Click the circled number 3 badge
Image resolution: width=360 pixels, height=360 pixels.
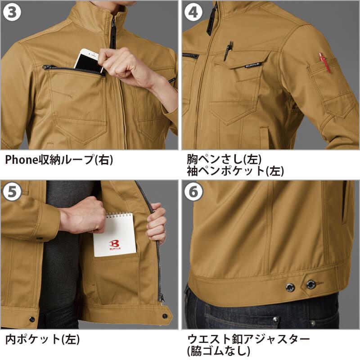point(12,12)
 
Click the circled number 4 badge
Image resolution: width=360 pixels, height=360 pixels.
point(193,12)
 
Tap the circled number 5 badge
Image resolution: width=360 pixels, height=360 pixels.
point(12,192)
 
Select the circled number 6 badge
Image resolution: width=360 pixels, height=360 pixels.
point(193,192)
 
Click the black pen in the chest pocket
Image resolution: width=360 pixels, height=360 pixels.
point(228,51)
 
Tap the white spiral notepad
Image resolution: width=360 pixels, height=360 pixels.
point(115,234)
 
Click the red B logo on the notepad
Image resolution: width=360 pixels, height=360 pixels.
point(114,243)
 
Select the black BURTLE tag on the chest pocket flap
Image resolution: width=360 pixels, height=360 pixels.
point(252,65)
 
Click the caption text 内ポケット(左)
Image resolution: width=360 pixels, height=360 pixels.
point(43,339)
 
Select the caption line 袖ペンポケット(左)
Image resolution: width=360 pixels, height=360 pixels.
point(235,171)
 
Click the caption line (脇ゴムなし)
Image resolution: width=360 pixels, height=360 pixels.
point(218,351)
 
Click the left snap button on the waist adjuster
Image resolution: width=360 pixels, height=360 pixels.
point(290,287)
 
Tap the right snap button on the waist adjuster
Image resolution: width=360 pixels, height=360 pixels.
point(311,285)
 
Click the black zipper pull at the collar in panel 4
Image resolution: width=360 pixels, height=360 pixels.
point(211,21)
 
